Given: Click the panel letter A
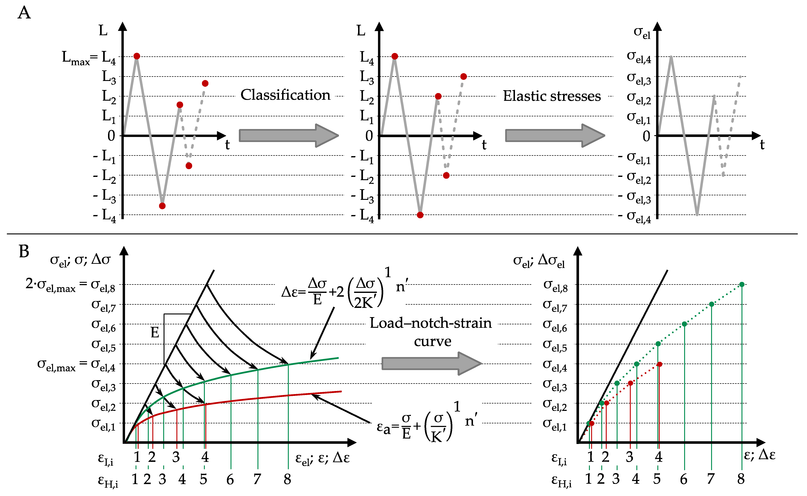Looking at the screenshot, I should [24, 13].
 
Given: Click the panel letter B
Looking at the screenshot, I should [24, 252].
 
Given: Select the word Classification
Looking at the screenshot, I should [285, 95].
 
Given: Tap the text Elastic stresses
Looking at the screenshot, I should [552, 96].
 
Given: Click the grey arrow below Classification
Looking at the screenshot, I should [288, 136].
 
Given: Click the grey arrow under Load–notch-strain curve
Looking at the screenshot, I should [431, 364].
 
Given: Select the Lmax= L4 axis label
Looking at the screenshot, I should [89, 58].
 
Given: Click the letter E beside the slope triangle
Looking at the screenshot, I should [155, 333].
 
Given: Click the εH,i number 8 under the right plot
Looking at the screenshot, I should [741, 479].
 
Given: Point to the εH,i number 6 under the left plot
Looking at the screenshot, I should [230, 480].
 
